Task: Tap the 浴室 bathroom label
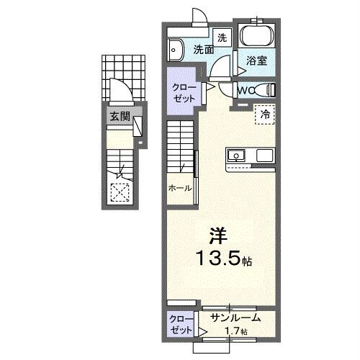coord(257,61)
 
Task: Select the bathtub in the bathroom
coord(256,37)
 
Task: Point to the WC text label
coord(245,91)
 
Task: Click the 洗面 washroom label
coord(203,50)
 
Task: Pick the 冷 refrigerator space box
coord(265,114)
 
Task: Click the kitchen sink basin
coord(237,155)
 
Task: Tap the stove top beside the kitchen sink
coord(264,155)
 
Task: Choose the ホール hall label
coord(180,188)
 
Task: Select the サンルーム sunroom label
coord(235,318)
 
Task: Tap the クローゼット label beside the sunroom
coord(181,323)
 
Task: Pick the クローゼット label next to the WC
coord(183,93)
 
